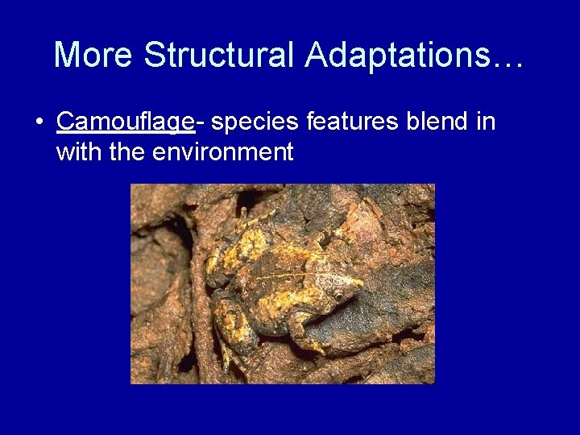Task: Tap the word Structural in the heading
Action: coord(219,55)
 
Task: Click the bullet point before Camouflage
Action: coord(39,122)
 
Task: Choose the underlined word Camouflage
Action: coord(125,122)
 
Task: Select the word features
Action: coord(353,122)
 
